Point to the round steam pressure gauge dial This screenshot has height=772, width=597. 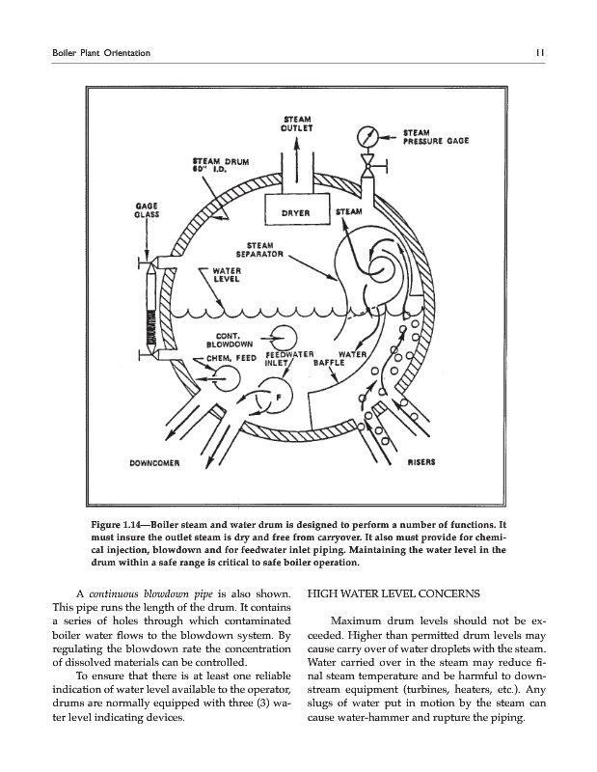366,135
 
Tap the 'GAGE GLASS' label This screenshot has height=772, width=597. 149,210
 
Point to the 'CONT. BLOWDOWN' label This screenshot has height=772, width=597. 227,339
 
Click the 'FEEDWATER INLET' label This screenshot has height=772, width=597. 287,361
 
